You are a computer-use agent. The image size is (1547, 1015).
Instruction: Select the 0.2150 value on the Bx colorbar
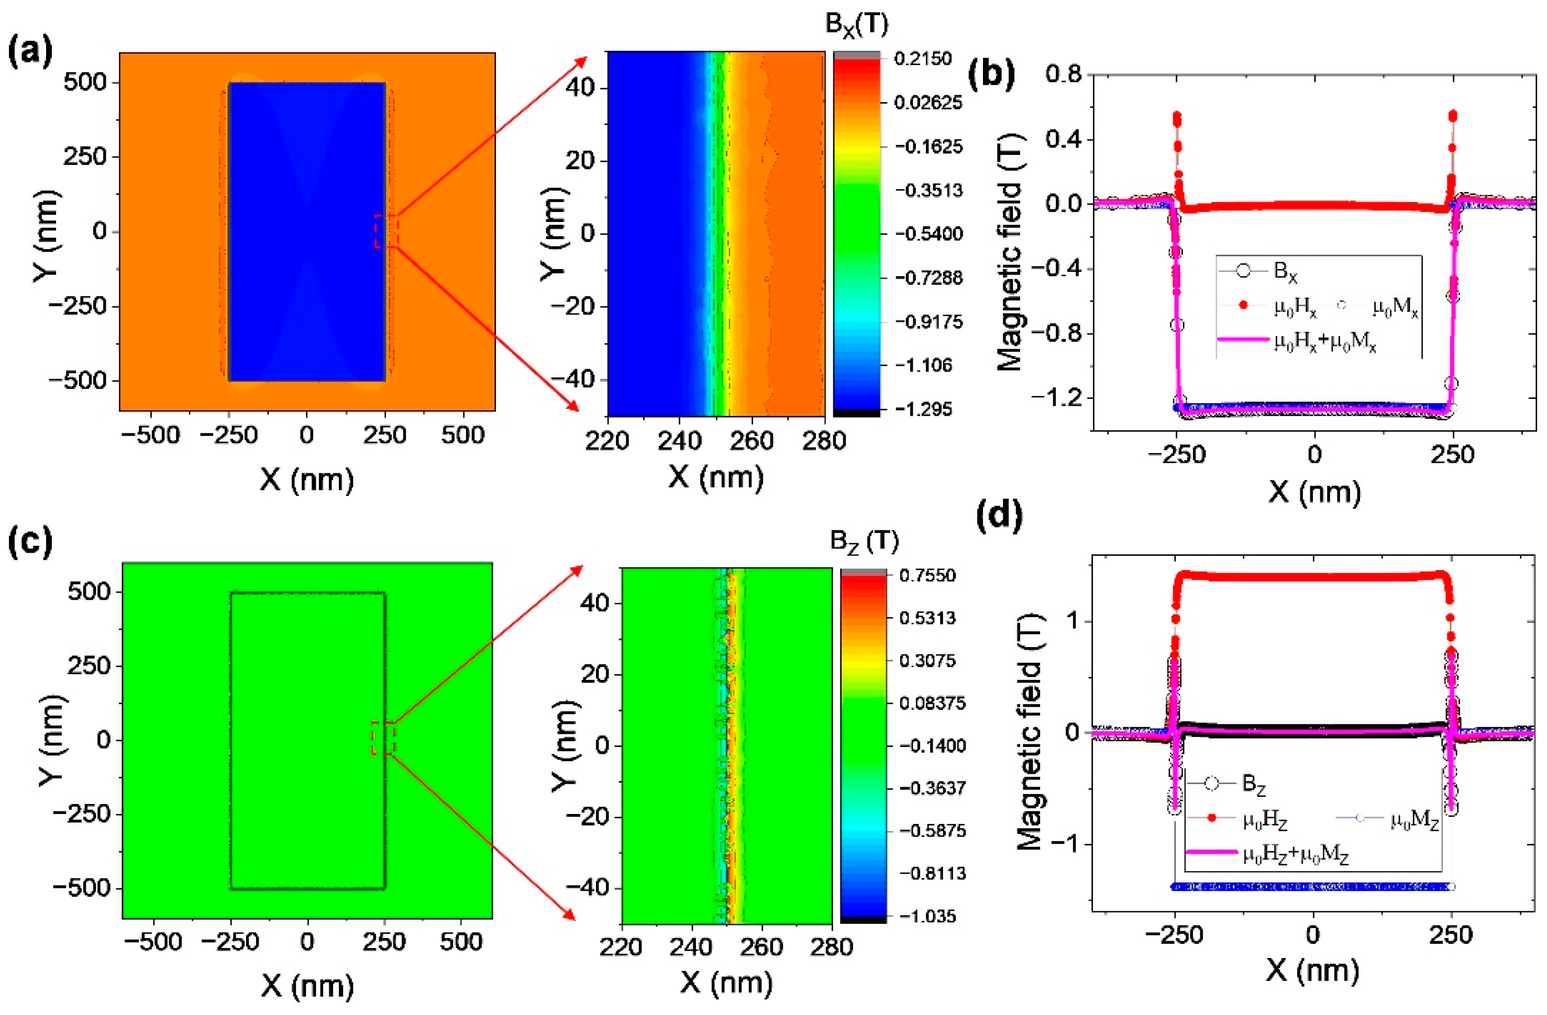(922, 59)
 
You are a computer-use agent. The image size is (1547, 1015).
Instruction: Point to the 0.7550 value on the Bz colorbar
(927, 575)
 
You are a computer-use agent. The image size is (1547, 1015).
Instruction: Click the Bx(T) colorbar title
(856, 26)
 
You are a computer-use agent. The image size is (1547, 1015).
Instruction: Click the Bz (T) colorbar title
(864, 541)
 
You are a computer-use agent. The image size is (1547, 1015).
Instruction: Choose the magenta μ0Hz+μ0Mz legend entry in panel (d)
(1294, 854)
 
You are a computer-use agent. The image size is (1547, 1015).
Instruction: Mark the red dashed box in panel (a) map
(386, 231)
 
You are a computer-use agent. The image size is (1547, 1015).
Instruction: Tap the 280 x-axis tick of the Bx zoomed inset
(824, 441)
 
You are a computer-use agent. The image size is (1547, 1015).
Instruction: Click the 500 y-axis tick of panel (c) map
(89, 592)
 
